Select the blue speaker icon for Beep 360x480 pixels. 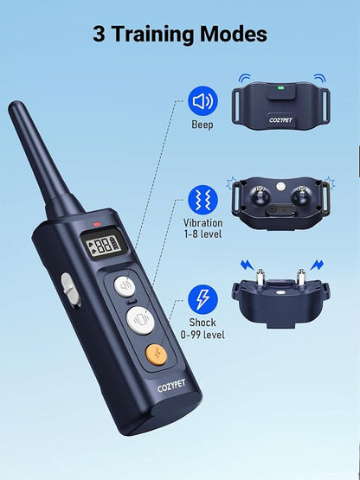pyautogui.click(x=202, y=102)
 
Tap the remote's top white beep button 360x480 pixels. pyautogui.click(x=126, y=286)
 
